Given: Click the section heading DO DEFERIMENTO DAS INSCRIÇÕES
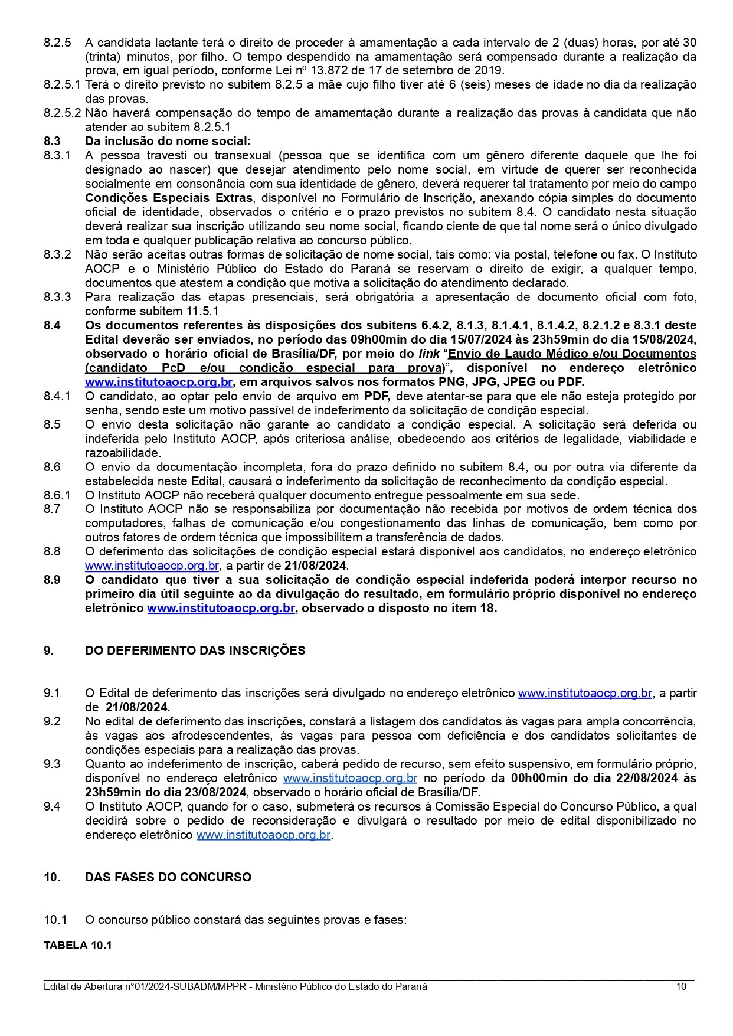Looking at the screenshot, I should point(195,651).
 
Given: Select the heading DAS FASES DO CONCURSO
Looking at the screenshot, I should point(168,877).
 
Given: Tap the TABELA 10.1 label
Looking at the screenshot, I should point(77,945).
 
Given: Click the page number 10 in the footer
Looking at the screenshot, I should point(681,986).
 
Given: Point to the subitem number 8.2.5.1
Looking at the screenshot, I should point(62,84).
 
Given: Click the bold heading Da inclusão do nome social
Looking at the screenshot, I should point(168,141).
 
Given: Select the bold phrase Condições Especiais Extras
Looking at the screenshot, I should point(168,198).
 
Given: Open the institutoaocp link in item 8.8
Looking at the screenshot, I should point(152,566).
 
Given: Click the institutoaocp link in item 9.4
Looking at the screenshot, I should point(263,835).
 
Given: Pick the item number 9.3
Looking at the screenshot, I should point(52,764).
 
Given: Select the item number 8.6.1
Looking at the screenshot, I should point(57,495).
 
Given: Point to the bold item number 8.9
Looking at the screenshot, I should point(52,580).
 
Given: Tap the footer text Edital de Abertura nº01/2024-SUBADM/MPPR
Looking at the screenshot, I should point(146,986).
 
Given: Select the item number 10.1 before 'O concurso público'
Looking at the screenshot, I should point(55,920).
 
